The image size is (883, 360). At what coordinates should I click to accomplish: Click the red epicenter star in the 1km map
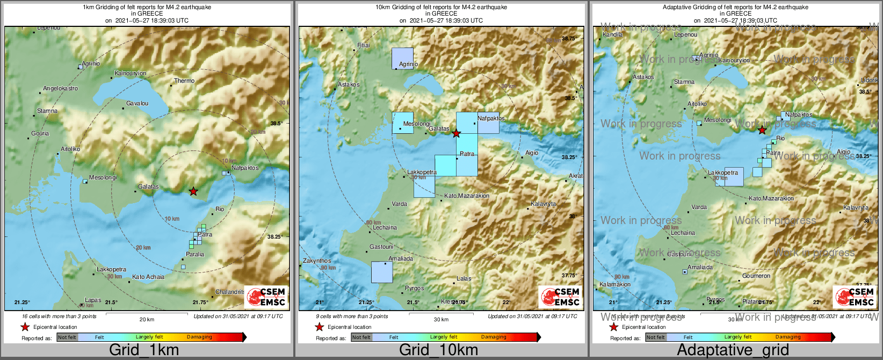[x=193, y=191]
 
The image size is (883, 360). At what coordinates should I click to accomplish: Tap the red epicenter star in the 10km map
[x=456, y=133]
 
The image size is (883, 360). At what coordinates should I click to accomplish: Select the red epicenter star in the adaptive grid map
[x=762, y=130]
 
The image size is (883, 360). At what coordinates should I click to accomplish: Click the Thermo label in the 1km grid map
[x=184, y=81]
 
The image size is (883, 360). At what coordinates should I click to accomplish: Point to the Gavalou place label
[x=137, y=104]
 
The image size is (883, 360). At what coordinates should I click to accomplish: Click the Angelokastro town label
[x=60, y=89]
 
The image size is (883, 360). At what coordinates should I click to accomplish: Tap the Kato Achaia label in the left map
[x=148, y=277]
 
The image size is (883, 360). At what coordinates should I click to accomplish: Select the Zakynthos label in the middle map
[x=317, y=261]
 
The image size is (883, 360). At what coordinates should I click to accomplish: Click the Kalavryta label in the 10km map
[x=543, y=204]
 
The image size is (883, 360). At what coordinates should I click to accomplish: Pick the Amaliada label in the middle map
[x=401, y=259]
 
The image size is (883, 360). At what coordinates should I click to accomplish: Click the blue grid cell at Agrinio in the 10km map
[x=402, y=58]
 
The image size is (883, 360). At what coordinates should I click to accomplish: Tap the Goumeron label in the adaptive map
[x=756, y=276]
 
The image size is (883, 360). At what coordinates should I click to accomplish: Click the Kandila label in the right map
[x=613, y=35]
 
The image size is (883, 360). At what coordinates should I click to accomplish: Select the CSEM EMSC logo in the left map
[x=266, y=297]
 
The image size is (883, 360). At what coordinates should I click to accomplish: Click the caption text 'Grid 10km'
[x=438, y=350]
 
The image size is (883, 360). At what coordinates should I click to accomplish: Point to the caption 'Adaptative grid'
[x=733, y=350]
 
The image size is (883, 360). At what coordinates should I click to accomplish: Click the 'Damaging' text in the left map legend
[x=199, y=337]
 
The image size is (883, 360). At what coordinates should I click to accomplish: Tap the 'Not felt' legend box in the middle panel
[x=361, y=337]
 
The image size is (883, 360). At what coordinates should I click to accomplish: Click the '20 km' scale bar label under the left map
[x=147, y=320]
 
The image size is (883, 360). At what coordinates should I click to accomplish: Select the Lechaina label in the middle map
[x=385, y=228]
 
